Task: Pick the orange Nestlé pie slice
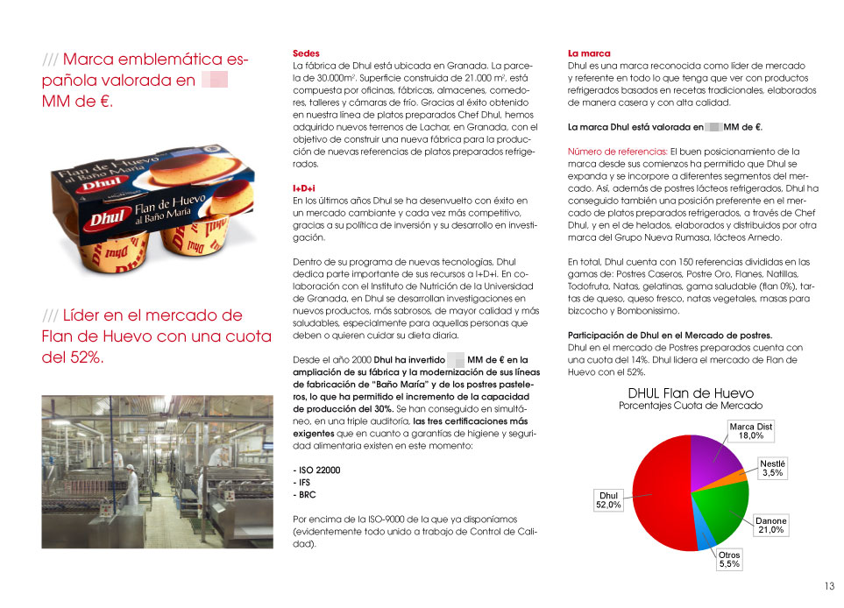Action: [734, 477]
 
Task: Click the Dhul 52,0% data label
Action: [608, 499]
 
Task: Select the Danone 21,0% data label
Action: [771, 526]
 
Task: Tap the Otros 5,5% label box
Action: [729, 560]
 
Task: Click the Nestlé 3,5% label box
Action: [772, 468]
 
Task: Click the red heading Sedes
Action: [306, 53]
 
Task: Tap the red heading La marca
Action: [589, 53]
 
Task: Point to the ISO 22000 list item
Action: [316, 470]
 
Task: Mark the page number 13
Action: [828, 587]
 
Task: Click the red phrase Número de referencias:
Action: [617, 152]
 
